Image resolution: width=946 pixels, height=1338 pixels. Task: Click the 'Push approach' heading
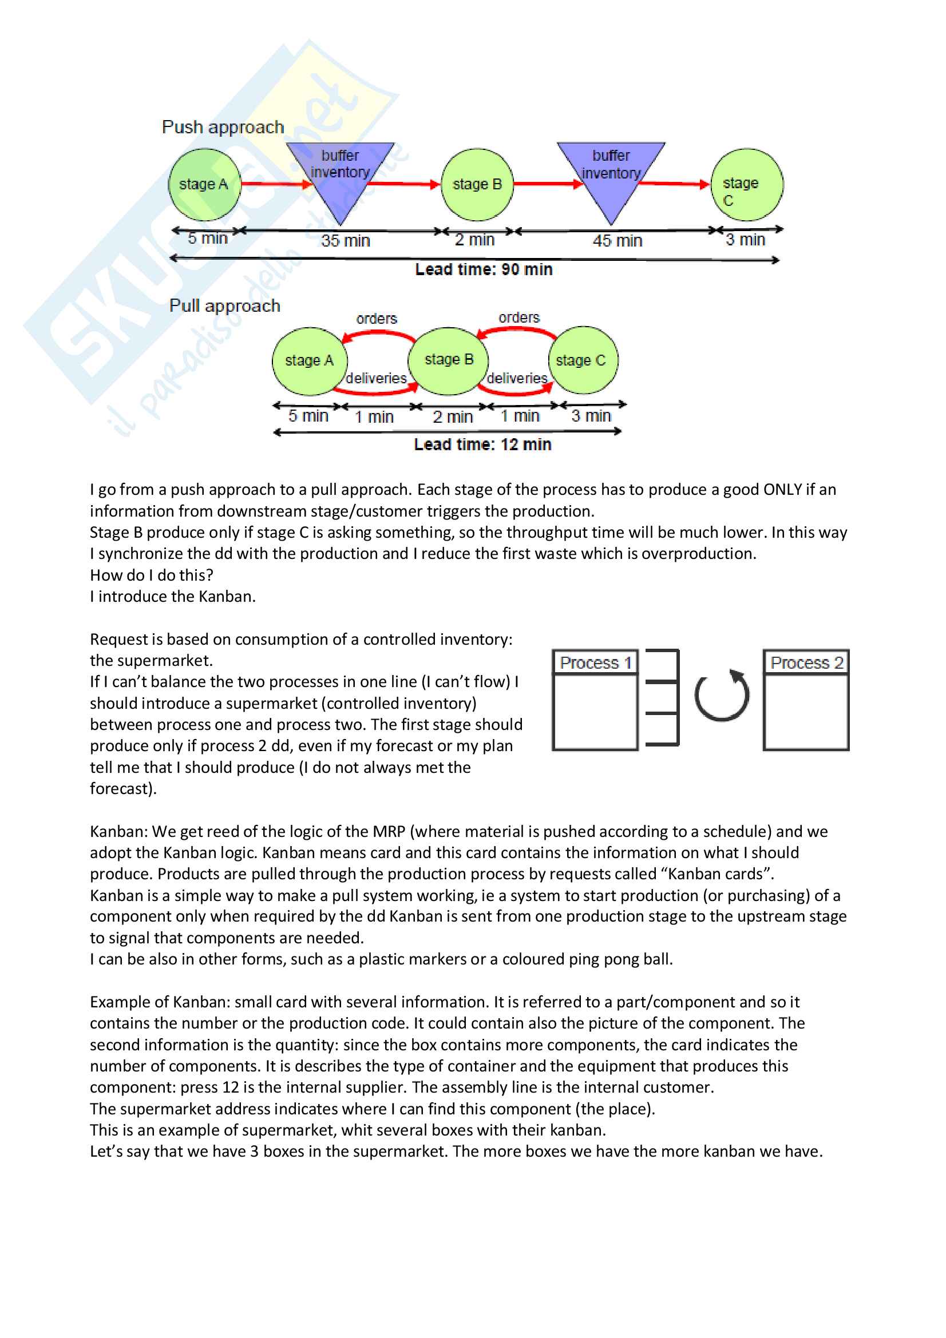(x=223, y=127)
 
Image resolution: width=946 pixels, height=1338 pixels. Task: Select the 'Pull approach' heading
(x=224, y=306)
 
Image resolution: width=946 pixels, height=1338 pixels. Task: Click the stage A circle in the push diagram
(x=204, y=185)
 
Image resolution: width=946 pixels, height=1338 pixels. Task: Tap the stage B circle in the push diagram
(x=477, y=185)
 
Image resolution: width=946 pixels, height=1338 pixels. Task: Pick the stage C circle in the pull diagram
(x=582, y=360)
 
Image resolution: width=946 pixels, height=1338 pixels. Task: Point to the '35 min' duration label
(x=346, y=241)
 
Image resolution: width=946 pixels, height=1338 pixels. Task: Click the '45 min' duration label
(x=618, y=241)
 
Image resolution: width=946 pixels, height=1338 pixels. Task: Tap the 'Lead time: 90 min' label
(x=484, y=269)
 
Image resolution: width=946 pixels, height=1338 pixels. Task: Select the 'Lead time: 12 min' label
(x=482, y=444)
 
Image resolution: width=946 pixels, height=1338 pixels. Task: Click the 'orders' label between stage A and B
(x=377, y=319)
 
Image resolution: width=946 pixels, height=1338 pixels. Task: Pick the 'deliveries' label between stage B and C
(x=517, y=378)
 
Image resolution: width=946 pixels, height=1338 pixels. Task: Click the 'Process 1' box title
(x=595, y=662)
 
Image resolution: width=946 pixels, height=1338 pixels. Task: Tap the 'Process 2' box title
(x=806, y=662)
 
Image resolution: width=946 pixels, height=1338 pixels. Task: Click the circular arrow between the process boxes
(x=722, y=696)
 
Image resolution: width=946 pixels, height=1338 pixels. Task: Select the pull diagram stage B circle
(x=448, y=360)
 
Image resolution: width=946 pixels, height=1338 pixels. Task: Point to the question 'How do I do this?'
(x=152, y=575)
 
